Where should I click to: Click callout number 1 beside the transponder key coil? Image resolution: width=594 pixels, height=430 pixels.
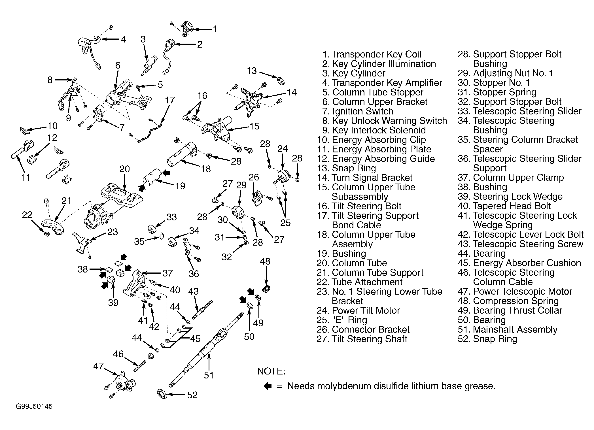click(x=215, y=29)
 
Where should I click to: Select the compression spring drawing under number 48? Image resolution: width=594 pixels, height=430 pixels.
click(x=267, y=289)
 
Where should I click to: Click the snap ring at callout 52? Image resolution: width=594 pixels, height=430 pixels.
click(x=162, y=393)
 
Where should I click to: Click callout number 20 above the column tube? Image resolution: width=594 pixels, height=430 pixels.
click(x=124, y=169)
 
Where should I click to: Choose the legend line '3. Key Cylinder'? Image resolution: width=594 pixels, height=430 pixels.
click(x=354, y=73)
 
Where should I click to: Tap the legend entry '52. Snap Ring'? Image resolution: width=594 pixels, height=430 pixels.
click(x=487, y=339)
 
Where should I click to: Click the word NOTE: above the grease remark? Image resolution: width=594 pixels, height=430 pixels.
click(x=271, y=371)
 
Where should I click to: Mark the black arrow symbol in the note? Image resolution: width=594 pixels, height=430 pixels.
click(x=268, y=386)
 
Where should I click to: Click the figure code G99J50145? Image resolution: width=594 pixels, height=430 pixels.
click(x=34, y=406)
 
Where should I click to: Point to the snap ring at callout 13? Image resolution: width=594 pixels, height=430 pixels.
click(x=281, y=81)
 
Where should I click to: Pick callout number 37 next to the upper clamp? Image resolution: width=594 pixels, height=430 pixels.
click(x=167, y=273)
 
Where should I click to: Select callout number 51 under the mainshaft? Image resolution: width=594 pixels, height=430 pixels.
click(x=209, y=375)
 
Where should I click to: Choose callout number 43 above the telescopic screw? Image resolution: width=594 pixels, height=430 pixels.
click(x=194, y=291)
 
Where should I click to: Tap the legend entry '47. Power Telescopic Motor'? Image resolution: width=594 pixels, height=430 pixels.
click(x=515, y=291)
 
